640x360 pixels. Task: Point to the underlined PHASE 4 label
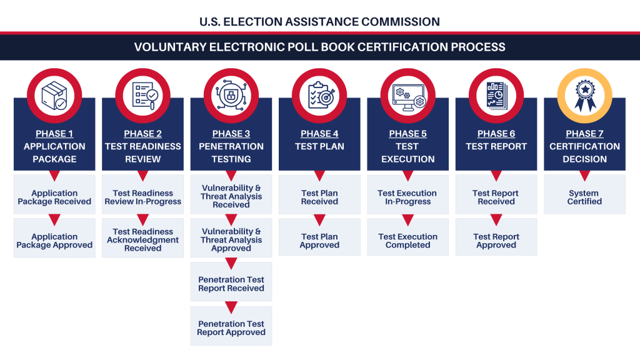pyautogui.click(x=319, y=134)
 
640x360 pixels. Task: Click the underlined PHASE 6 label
pyautogui.click(x=496, y=134)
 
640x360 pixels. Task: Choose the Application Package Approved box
pyautogui.click(x=54, y=241)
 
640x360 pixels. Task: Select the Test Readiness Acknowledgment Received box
pyautogui.click(x=142, y=240)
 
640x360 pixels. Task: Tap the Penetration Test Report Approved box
pyautogui.click(x=231, y=328)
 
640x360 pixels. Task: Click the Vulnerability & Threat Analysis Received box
pyautogui.click(x=231, y=196)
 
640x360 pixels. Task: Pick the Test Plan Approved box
pyautogui.click(x=319, y=241)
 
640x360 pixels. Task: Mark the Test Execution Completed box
pyautogui.click(x=407, y=241)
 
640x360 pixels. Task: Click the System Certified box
pyautogui.click(x=584, y=197)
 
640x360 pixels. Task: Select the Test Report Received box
pyautogui.click(x=496, y=197)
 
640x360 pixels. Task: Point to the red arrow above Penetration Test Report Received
pyautogui.click(x=231, y=264)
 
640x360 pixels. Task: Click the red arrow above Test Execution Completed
pyautogui.click(x=407, y=220)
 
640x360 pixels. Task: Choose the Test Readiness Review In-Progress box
pyautogui.click(x=142, y=197)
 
